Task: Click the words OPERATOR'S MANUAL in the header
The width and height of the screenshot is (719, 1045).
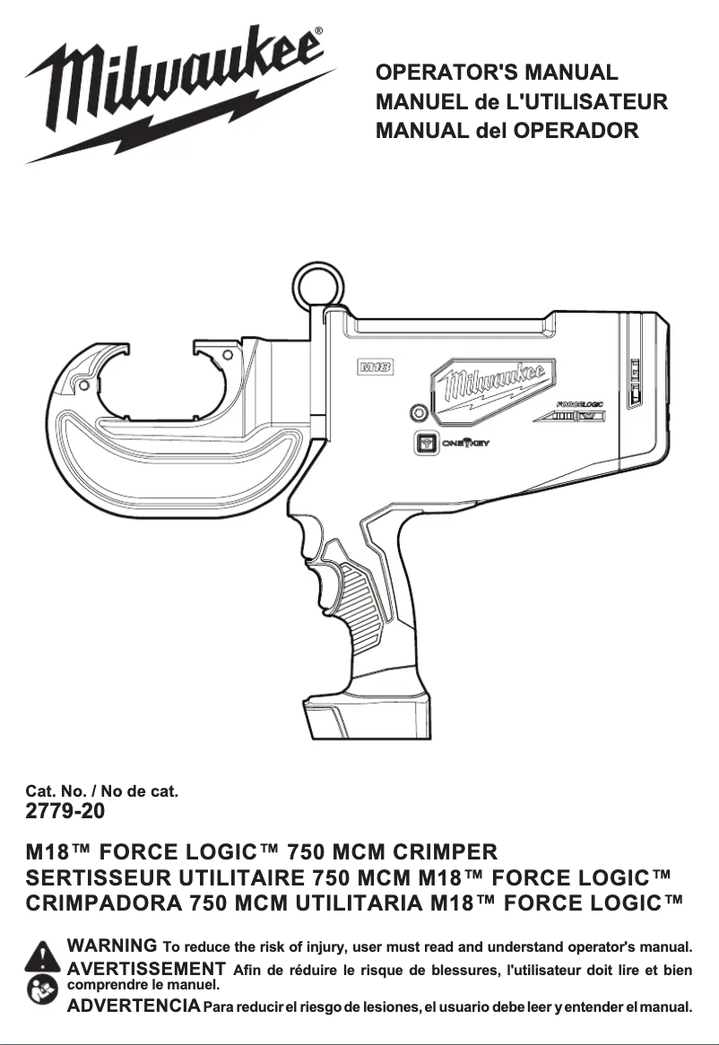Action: pyautogui.click(x=497, y=73)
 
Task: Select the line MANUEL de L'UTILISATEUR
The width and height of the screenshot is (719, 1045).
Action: pyautogui.click(x=522, y=101)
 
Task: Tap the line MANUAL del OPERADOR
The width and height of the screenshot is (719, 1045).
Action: pyautogui.click(x=507, y=131)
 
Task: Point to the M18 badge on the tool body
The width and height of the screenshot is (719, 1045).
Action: pyautogui.click(x=377, y=366)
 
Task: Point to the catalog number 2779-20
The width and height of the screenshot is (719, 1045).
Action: pyautogui.click(x=65, y=812)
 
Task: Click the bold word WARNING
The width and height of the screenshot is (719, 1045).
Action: pyautogui.click(x=112, y=946)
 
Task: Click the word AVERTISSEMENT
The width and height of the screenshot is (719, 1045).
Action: pyautogui.click(x=146, y=968)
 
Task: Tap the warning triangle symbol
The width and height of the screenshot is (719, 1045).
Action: pyautogui.click(x=42, y=956)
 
